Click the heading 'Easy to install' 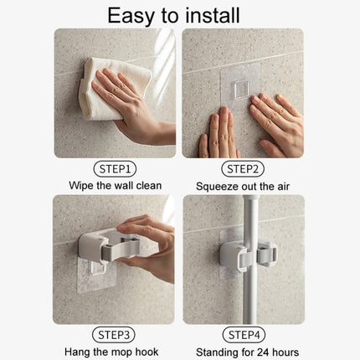coord(180,14)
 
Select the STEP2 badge coord(243,168)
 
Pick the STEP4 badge coord(243,335)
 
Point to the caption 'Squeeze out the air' coord(243,185)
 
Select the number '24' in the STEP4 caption coord(261,352)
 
